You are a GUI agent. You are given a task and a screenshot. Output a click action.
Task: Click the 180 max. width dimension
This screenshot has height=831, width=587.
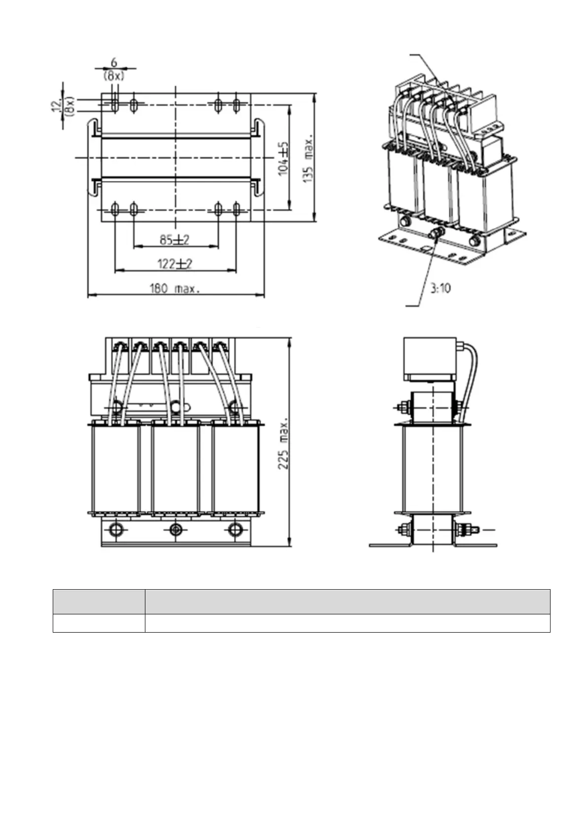point(175,289)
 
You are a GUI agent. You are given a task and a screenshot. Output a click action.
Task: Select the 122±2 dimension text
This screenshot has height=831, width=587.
point(175,264)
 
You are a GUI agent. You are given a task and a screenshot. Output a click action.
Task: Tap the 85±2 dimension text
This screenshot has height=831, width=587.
point(175,240)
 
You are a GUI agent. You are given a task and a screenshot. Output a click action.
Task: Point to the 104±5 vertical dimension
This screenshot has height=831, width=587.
point(284,158)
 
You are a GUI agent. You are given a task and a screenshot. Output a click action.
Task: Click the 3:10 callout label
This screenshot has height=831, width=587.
point(440,288)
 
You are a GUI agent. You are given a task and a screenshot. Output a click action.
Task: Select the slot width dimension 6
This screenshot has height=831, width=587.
point(114,63)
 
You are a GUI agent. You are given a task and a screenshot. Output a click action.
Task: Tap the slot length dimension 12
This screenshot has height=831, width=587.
point(57,104)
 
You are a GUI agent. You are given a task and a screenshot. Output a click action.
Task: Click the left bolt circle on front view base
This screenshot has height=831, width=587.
point(116,529)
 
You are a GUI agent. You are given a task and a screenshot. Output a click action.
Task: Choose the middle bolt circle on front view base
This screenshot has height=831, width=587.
point(176,529)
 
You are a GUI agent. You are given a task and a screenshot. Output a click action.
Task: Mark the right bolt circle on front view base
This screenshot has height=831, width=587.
point(236,529)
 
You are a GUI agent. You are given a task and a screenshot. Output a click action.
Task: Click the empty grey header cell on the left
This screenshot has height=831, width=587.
point(99,601)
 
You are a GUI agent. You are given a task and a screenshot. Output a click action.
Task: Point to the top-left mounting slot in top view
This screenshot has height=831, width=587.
point(114,105)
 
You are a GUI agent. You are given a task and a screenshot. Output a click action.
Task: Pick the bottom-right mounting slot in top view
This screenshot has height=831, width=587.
point(237,209)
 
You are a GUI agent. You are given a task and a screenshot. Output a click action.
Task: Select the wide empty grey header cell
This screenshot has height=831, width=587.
point(347,601)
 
